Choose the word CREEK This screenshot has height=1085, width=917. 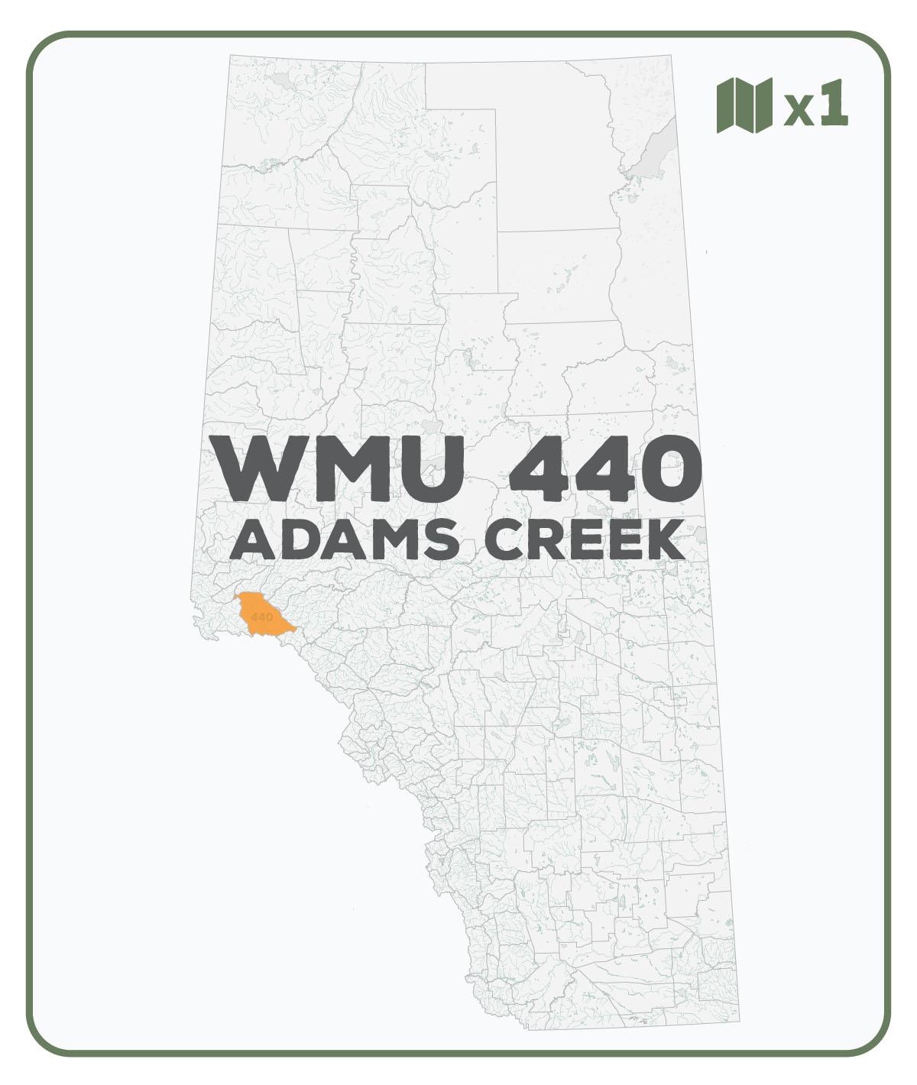[585, 540]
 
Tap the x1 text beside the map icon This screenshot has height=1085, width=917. [816, 104]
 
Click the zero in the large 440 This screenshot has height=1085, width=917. [666, 467]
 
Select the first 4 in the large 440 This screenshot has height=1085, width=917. [540, 467]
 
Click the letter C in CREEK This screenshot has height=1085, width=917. [505, 540]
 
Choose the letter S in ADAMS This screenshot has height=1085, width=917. [440, 540]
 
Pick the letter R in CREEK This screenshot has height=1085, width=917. [547, 540]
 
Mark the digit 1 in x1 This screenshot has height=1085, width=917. [834, 102]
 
